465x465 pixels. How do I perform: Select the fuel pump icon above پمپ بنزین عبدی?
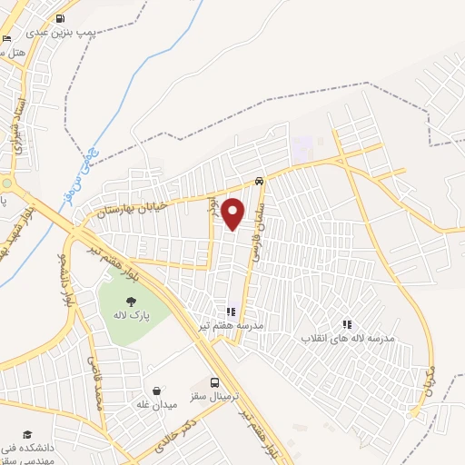(x=60, y=18)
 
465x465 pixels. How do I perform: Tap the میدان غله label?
(x=156, y=403)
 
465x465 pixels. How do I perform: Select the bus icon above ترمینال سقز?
(x=214, y=382)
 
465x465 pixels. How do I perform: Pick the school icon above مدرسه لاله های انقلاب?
(x=345, y=323)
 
